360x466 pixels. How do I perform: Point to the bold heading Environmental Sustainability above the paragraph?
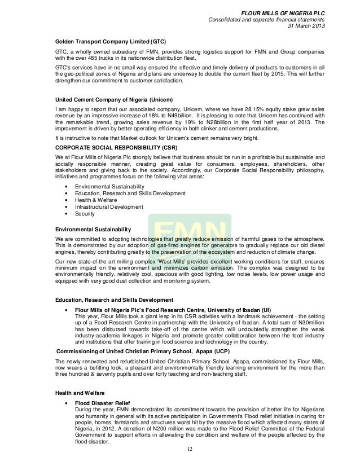click(x=93, y=229)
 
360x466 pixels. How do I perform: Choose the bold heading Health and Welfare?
click(x=80, y=392)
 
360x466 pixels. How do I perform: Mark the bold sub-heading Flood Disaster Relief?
click(x=103, y=403)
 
